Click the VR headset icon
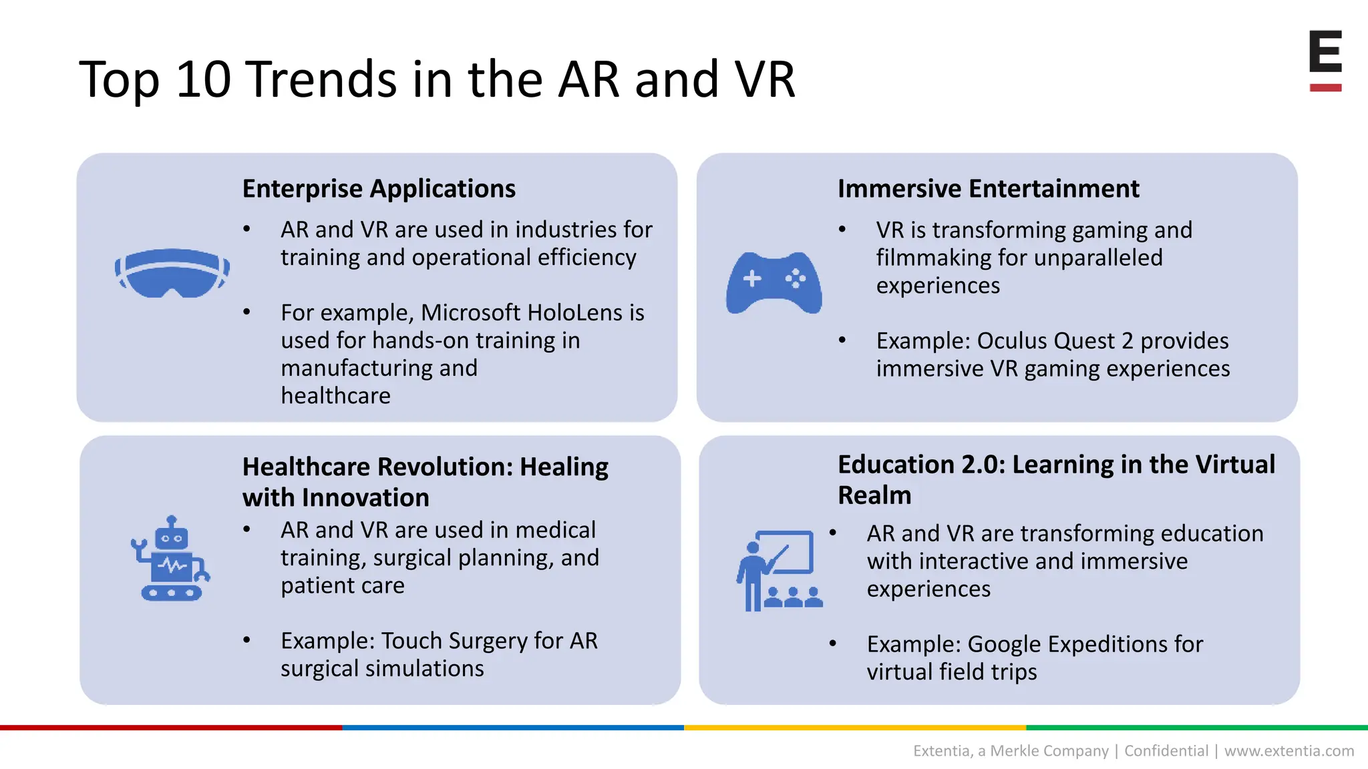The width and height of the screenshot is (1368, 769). pos(172,273)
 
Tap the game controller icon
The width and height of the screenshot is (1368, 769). pos(774,282)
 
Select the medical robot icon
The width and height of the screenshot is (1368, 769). pos(170,559)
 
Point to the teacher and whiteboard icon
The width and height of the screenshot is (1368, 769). pos(779,571)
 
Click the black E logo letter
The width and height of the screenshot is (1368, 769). pos(1325,51)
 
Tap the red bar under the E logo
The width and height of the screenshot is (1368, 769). pos(1325,87)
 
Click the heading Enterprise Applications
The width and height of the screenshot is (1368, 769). pos(379,189)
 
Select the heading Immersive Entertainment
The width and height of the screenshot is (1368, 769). pos(988,189)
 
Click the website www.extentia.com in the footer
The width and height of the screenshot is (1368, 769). pos(1289,751)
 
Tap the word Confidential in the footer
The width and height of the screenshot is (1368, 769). pos(1166,751)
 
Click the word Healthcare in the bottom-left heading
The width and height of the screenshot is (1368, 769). pos(307,467)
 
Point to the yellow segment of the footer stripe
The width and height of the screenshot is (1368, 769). pos(855,728)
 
